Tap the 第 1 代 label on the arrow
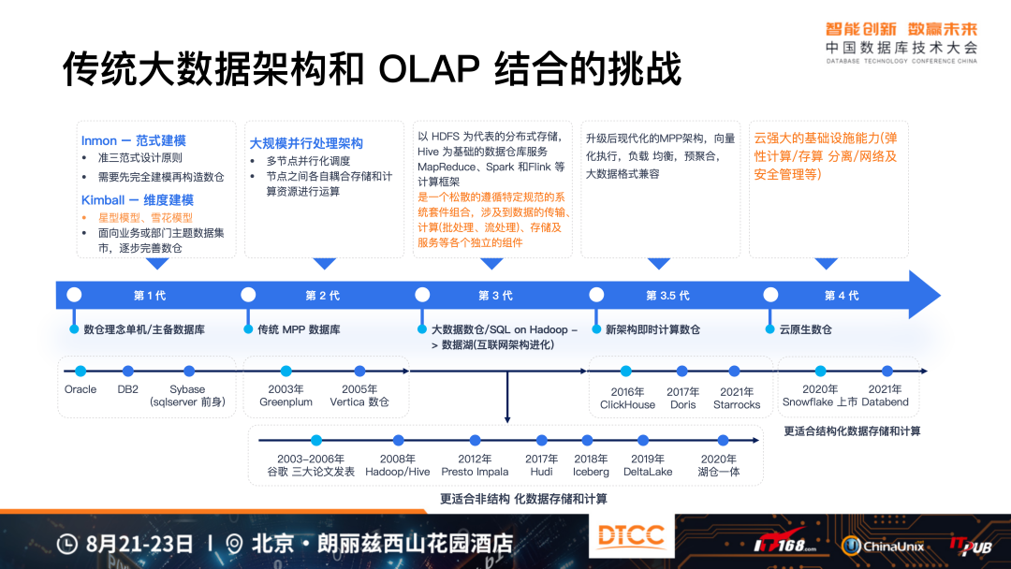coord(150,296)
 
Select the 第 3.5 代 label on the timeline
coord(667,296)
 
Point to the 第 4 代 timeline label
coord(842,296)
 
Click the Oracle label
coord(81,389)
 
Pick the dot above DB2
coord(128,372)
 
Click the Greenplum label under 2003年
coord(286,402)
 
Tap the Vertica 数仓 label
coord(359,402)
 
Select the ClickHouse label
coord(627,405)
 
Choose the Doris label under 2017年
coord(682,405)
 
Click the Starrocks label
coord(737,405)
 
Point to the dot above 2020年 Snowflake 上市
coord(820,372)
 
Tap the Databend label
coord(885,402)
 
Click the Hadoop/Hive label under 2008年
coord(398,472)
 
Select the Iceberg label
coord(591,472)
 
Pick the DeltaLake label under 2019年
coord(648,472)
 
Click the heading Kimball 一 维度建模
coord(138,199)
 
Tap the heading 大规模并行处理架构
coord(306,143)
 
